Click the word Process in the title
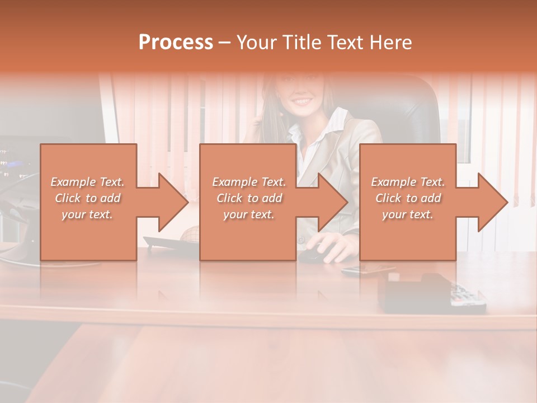click(176, 42)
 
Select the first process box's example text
click(88, 198)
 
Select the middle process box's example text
click(248, 198)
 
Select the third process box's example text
click(408, 198)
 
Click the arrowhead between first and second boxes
click(173, 202)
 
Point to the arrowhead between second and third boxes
click(333, 202)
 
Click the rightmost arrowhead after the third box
click(493, 202)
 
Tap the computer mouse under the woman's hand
click(310, 256)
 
